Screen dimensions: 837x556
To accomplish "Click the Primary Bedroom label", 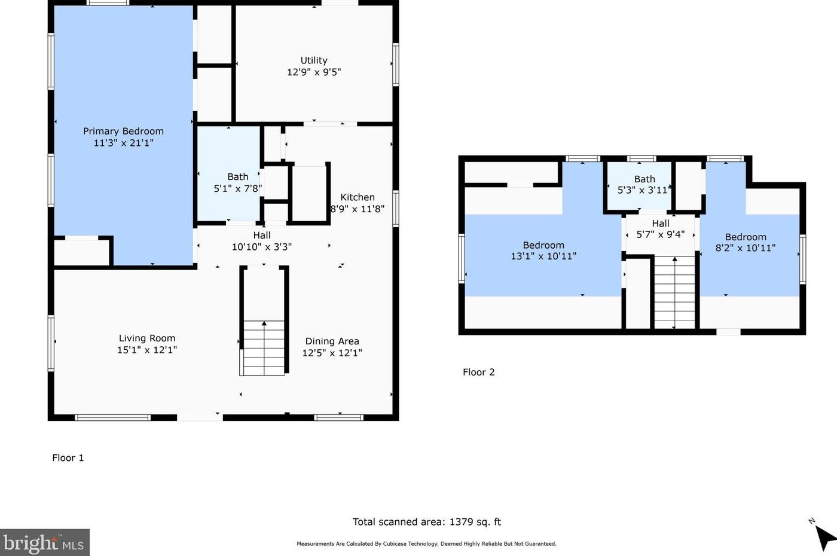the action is click(123, 131).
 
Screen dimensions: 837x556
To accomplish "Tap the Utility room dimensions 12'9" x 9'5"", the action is click(314, 72).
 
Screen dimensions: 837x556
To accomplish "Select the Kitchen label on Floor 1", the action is click(358, 197).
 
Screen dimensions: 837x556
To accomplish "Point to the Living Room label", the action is click(147, 338).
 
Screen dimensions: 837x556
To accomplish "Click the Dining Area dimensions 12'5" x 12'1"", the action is click(332, 353).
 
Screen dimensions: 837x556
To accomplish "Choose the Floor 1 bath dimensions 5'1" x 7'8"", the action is click(238, 189).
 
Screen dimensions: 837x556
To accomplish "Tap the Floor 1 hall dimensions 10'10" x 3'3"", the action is click(262, 247).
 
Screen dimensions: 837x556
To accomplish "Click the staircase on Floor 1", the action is click(264, 347).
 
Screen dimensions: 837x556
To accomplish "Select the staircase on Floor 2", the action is click(674, 292).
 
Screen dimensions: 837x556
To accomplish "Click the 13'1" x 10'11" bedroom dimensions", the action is click(543, 256).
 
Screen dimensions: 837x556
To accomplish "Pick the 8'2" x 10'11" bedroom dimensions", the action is click(746, 248).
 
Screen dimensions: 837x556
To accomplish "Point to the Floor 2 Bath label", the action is click(644, 179).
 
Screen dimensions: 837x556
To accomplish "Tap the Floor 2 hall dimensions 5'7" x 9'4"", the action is click(660, 234).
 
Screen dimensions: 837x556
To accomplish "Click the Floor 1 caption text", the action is click(68, 458).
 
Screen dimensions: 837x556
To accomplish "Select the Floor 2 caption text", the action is click(479, 372).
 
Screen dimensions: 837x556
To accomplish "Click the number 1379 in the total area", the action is click(461, 521).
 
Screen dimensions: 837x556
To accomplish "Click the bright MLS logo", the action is click(44, 543).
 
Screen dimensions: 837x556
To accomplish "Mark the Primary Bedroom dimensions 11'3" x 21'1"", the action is click(123, 143).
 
